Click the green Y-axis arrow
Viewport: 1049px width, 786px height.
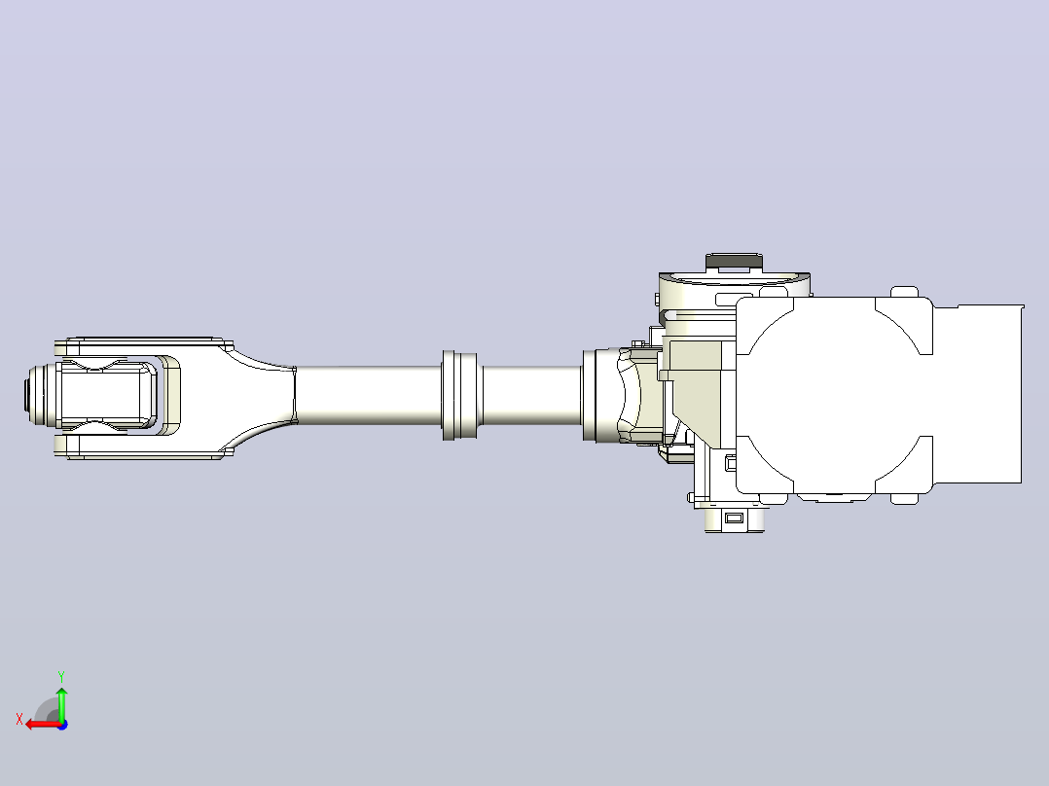(61, 703)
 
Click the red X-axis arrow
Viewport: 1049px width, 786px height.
(44, 724)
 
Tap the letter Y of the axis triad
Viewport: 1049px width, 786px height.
(61, 676)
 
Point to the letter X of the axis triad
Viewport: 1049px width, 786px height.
(19, 719)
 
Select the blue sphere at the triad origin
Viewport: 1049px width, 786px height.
(62, 725)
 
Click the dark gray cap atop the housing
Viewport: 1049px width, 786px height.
(734, 263)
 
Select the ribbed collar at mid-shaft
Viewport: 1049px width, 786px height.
(459, 395)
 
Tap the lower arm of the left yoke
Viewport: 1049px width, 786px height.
(144, 447)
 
